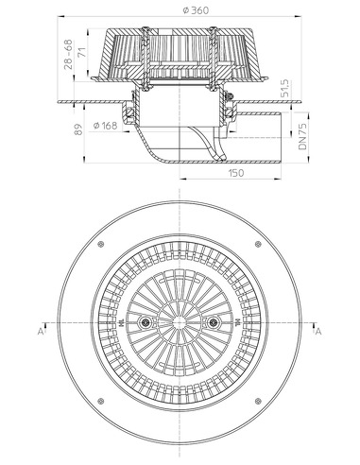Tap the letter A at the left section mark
[41, 331]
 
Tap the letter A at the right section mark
[318, 331]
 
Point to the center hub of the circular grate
[180, 324]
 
